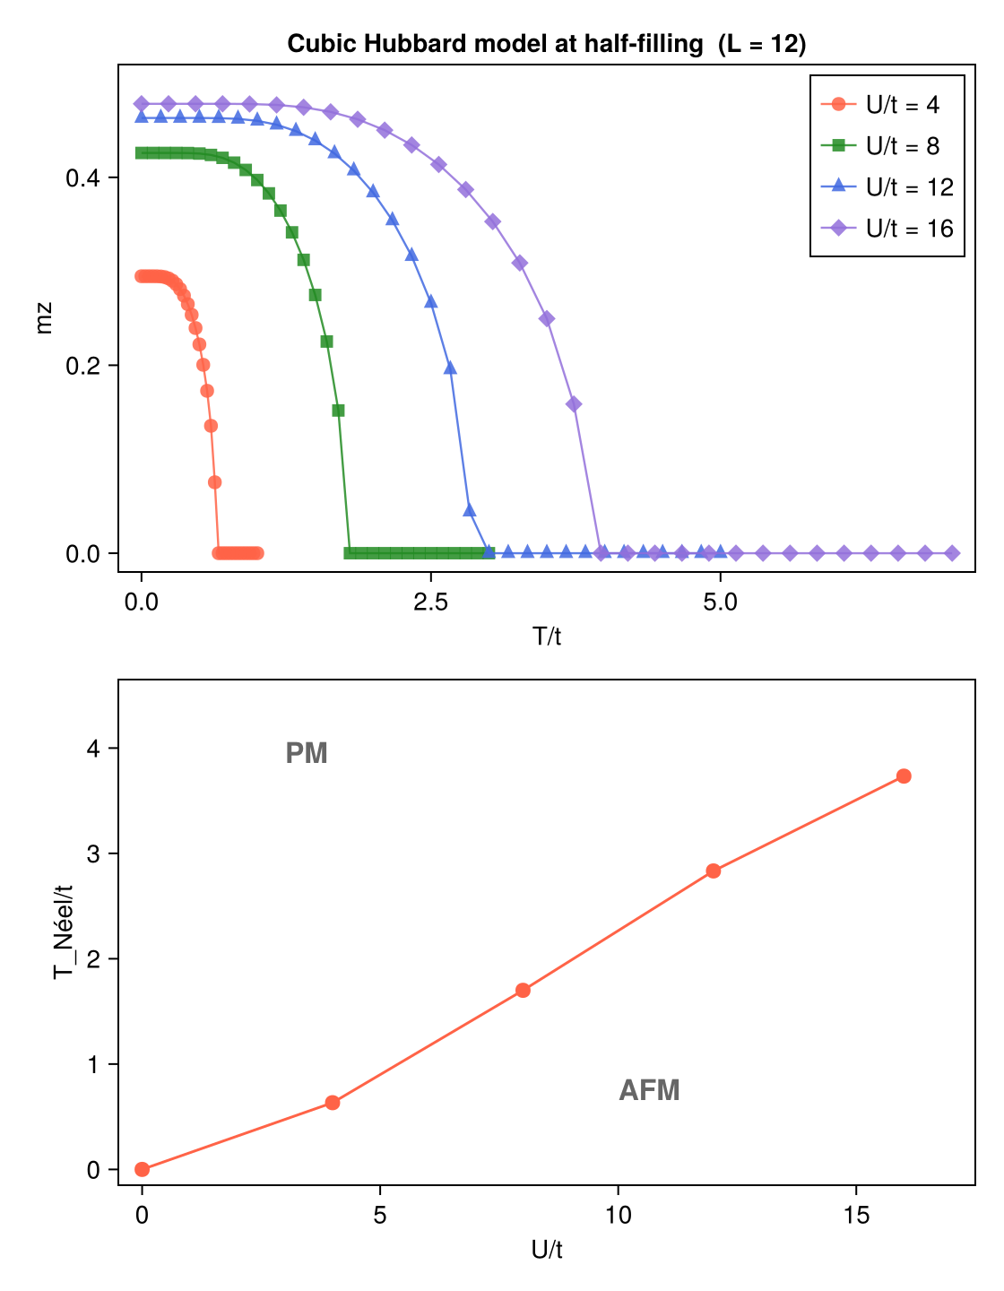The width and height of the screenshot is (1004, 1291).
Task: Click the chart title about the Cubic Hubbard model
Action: point(546,44)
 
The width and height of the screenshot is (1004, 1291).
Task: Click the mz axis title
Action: point(44,319)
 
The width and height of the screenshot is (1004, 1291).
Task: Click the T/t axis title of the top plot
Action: point(546,637)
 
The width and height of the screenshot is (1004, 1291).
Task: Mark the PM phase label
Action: point(307,754)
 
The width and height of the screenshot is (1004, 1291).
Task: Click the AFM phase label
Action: point(649,1090)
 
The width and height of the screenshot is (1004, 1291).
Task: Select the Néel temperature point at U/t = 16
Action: point(904,776)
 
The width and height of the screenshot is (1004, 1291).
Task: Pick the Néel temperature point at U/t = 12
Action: point(714,871)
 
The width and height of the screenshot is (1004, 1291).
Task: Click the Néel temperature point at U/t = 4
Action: point(333,1103)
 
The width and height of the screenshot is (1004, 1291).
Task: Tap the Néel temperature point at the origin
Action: point(142,1169)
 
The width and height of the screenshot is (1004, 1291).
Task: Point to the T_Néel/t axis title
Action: point(63,931)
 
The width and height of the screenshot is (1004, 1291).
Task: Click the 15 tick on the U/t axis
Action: point(856,1216)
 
